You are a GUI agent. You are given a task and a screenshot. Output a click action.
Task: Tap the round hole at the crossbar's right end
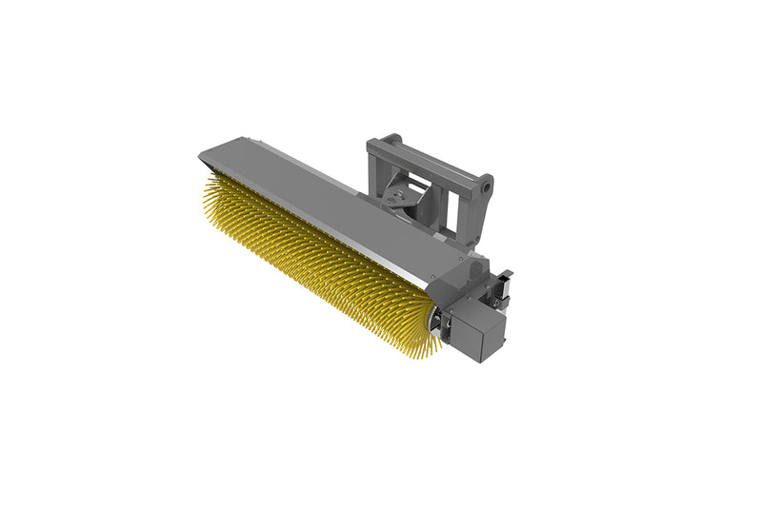[x=486, y=187]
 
